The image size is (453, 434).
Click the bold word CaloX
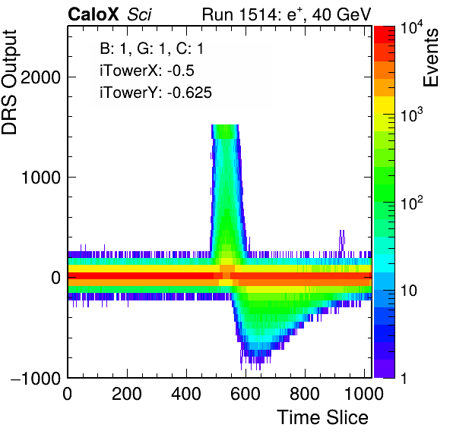click(x=93, y=14)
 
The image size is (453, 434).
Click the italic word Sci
click(x=139, y=14)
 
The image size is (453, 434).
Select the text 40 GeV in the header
click(x=341, y=14)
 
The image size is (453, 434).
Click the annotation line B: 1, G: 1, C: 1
click(x=152, y=49)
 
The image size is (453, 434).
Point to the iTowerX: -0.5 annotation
click(x=147, y=71)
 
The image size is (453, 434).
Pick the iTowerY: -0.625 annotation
click(x=156, y=93)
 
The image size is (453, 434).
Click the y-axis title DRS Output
click(x=9, y=82)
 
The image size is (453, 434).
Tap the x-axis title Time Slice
click(x=322, y=417)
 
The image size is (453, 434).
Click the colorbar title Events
click(x=430, y=58)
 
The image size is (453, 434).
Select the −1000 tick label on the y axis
click(x=36, y=378)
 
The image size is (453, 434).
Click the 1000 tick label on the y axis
click(x=40, y=177)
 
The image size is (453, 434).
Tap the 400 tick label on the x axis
click(x=186, y=393)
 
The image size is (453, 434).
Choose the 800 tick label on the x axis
click(x=305, y=393)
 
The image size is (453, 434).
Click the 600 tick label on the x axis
click(x=246, y=393)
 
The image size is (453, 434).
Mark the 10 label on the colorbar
click(x=409, y=291)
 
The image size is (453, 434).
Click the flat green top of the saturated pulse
click(x=225, y=131)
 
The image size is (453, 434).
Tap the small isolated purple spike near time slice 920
click(x=342, y=241)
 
